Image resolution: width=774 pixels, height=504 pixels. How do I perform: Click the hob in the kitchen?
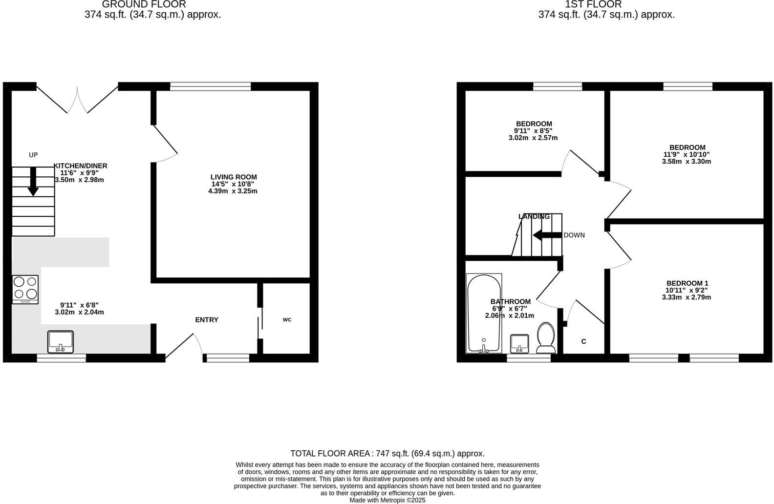tap(25, 289)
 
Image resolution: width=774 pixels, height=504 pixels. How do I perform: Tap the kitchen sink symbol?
tap(61, 341)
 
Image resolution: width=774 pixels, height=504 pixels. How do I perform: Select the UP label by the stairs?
tap(33, 155)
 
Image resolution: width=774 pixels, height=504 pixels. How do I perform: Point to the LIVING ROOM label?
tap(234, 177)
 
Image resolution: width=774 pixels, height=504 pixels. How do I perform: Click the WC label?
tap(287, 320)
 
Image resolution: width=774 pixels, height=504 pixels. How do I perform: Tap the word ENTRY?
tap(207, 320)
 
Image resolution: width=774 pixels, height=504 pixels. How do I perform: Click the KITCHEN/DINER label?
tap(81, 166)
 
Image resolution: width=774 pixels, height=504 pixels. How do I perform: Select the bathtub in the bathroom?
tap(484, 313)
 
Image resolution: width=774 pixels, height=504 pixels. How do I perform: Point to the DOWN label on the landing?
tap(574, 235)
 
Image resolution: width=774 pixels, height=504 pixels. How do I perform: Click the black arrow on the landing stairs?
tap(547, 235)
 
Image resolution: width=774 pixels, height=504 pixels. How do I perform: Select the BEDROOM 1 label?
tap(687, 283)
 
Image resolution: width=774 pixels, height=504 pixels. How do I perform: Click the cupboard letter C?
tap(584, 341)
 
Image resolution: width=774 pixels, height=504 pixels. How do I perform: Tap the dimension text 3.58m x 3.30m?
tap(687, 161)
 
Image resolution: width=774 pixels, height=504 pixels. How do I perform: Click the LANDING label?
tap(534, 216)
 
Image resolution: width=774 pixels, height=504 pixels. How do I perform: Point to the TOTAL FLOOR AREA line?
tap(387, 453)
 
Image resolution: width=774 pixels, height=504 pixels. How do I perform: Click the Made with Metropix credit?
tap(387, 500)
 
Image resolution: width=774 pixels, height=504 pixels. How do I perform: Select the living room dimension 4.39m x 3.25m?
tap(233, 191)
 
